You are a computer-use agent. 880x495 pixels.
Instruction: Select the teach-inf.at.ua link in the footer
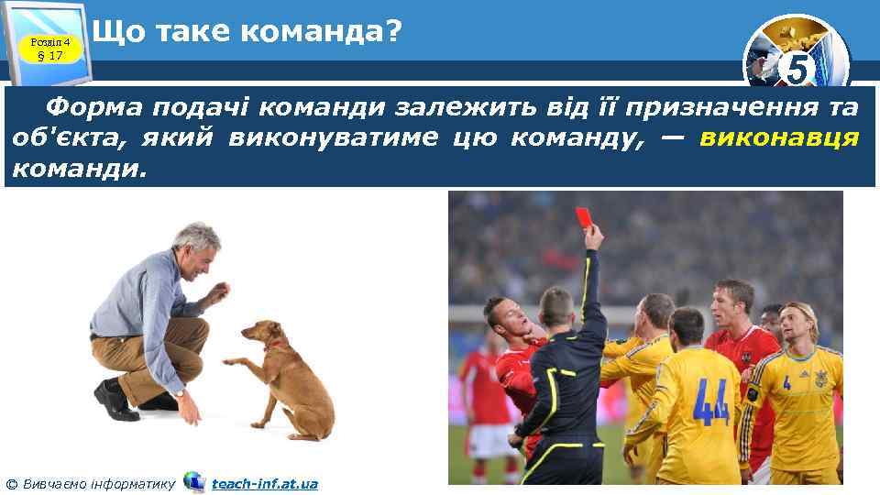pos(264,483)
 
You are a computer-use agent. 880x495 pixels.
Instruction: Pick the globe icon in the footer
pos(193,482)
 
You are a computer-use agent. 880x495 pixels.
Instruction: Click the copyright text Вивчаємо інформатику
pos(98,483)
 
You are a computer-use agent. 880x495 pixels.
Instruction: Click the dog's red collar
pos(273,346)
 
